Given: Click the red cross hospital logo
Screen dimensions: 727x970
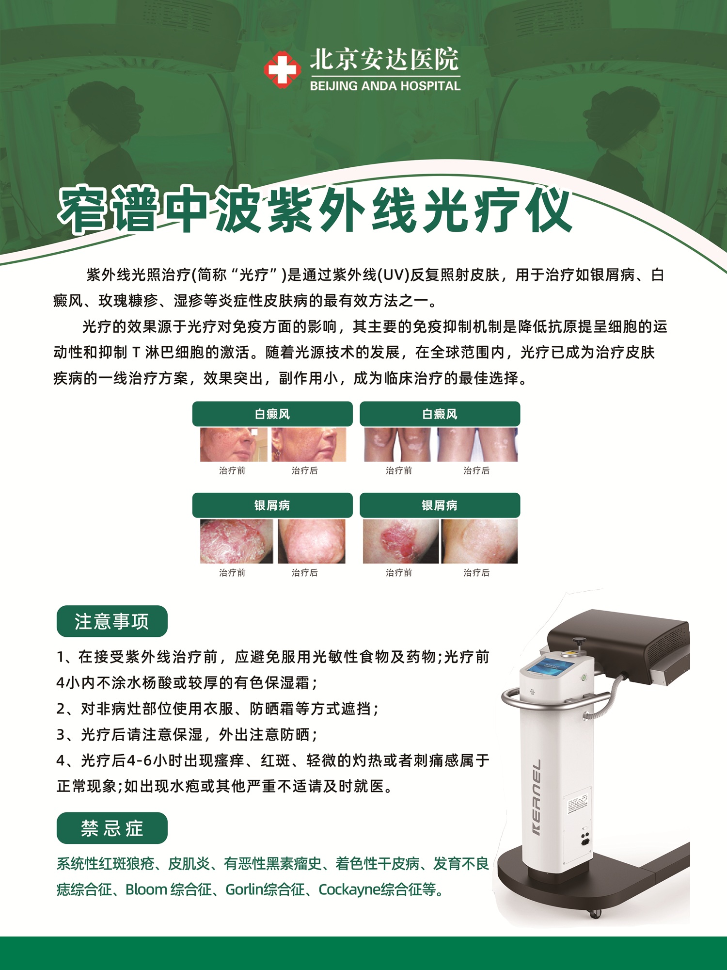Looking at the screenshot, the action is tap(282, 70).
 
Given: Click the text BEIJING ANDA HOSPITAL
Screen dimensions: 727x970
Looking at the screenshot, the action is tap(385, 86).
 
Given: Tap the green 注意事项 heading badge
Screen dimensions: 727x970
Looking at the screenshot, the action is tap(112, 621).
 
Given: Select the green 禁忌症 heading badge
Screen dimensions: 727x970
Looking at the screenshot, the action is tap(112, 828).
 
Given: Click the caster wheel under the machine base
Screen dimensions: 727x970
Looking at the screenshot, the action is tap(595, 913).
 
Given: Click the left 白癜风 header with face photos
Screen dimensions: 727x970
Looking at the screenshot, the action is tap(272, 414).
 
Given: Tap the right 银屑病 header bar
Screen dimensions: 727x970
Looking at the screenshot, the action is tap(440, 505).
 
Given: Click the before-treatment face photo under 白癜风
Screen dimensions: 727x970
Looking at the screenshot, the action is tap(234, 444).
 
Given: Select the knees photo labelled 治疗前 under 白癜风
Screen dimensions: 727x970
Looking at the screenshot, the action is tap(397, 444).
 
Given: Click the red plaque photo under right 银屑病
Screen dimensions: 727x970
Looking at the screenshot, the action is tap(401, 541).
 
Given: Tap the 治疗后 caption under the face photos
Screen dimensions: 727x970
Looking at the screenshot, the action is tap(304, 470).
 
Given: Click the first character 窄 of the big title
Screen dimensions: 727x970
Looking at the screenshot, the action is tap(83, 210).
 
